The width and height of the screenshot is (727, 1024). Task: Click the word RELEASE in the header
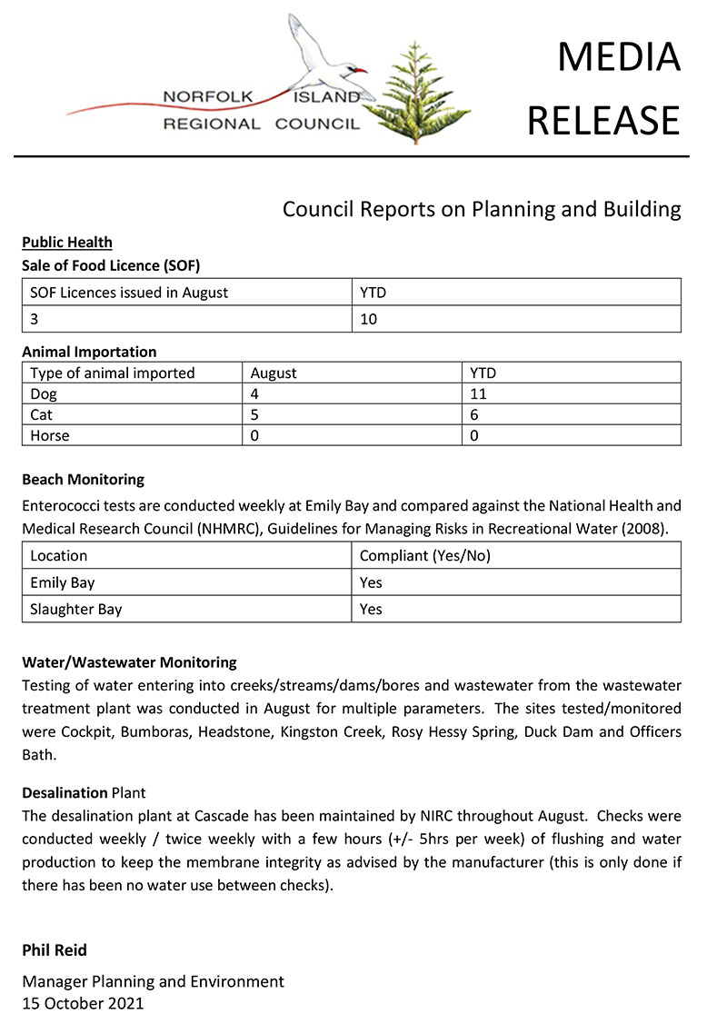603,119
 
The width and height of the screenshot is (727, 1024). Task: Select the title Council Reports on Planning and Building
482,210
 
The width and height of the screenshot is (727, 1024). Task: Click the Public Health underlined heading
67,243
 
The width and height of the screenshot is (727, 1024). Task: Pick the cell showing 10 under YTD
369,319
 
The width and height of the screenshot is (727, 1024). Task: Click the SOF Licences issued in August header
129,293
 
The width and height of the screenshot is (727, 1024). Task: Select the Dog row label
43,393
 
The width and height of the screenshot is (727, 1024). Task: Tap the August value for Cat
256,414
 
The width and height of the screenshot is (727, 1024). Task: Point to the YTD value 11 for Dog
478,393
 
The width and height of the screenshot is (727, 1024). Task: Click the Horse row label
50,435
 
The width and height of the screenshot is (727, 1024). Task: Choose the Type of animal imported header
113,373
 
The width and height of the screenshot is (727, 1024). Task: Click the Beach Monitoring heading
84,479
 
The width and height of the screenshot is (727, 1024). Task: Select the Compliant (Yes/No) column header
425,556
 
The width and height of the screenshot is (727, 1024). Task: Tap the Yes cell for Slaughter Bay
372,609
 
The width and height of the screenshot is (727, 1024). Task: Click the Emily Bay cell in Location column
63,582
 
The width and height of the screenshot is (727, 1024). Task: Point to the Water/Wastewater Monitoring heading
129,662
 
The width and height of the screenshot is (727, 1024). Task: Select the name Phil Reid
55,950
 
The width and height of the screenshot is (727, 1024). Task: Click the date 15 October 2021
83,1003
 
